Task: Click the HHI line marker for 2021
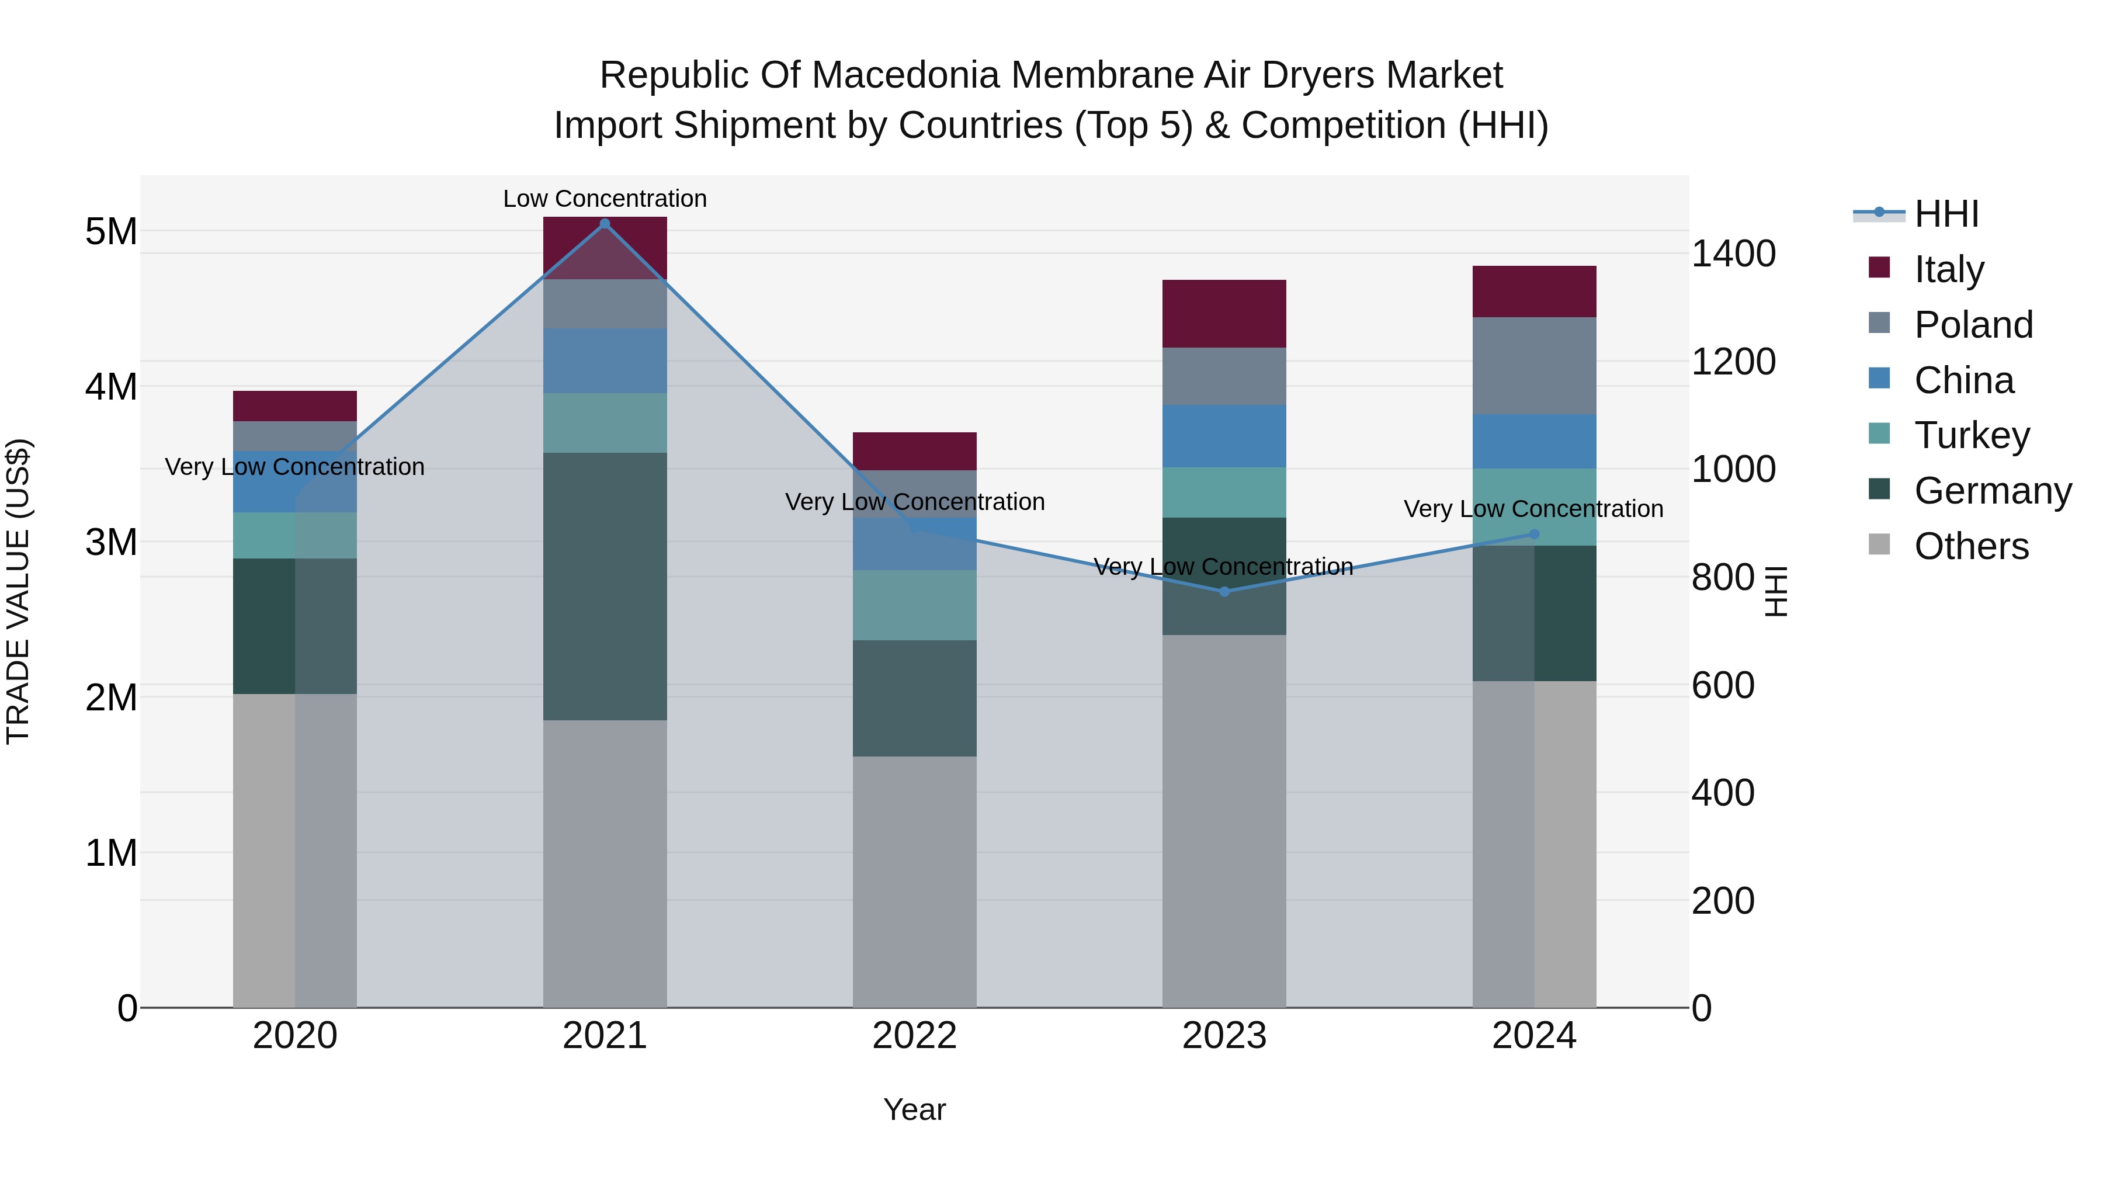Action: click(605, 224)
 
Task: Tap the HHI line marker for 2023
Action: click(1224, 592)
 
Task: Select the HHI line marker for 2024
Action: click(1534, 535)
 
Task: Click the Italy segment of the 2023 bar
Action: click(1224, 314)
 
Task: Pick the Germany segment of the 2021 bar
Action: click(605, 586)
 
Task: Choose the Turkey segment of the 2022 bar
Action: click(914, 605)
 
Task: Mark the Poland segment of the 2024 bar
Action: click(1534, 366)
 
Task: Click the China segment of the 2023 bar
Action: click(1224, 436)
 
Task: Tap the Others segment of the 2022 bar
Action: click(914, 882)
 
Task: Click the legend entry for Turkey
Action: click(1972, 435)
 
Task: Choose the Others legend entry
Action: click(1971, 546)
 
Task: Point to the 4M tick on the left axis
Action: click(111, 386)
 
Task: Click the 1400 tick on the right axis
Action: click(1733, 254)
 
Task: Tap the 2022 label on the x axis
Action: click(914, 1036)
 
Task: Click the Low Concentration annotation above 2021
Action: click(605, 199)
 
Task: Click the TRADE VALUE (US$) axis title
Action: click(18, 591)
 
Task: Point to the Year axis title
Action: click(914, 1109)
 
